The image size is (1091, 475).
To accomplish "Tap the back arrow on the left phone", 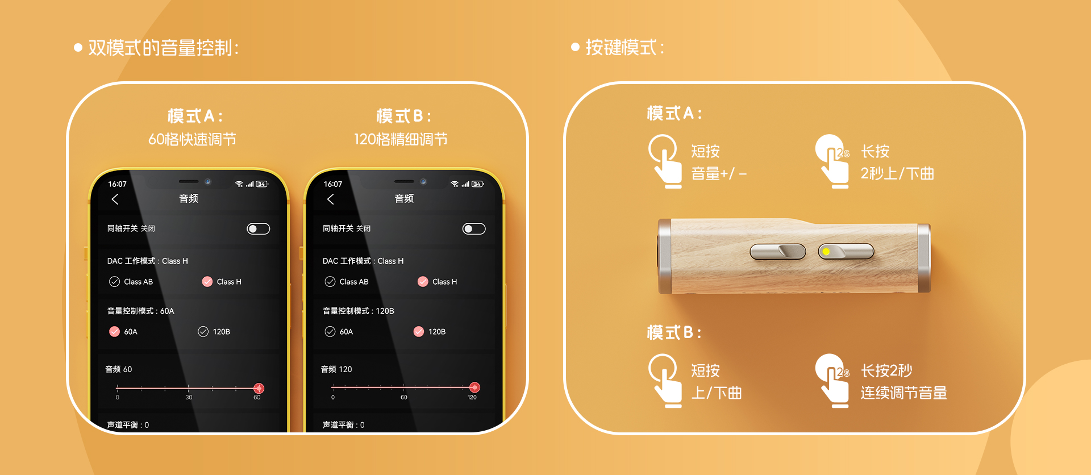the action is pyautogui.click(x=115, y=199).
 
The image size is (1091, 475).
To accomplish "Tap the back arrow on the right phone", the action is pyautogui.click(x=330, y=199).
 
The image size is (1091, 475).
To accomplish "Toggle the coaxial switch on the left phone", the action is pyautogui.click(x=259, y=228).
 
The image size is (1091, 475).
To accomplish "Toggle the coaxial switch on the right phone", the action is pyautogui.click(x=474, y=228).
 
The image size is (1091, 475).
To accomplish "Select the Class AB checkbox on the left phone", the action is pyautogui.click(x=114, y=282).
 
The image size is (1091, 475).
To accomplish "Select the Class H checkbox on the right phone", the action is pyautogui.click(x=423, y=282).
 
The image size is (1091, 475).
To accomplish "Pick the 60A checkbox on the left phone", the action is pyautogui.click(x=114, y=332).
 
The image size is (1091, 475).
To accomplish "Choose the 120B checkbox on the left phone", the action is pyautogui.click(x=203, y=332).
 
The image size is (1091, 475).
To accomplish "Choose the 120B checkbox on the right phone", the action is pyautogui.click(x=419, y=332).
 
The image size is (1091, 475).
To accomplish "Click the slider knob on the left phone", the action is pyautogui.click(x=259, y=389).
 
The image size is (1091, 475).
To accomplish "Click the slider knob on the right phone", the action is pyautogui.click(x=474, y=388).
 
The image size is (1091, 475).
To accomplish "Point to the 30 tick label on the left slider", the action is pyautogui.click(x=189, y=398).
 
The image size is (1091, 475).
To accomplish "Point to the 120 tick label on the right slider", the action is pyautogui.click(x=472, y=398).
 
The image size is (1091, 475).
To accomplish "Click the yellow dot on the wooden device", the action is pyautogui.click(x=826, y=252).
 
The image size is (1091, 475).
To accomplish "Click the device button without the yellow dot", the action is pyautogui.click(x=778, y=251).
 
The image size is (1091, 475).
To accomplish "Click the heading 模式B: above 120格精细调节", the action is pyautogui.click(x=403, y=116).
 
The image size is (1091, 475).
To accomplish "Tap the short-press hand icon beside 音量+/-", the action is pyautogui.click(x=665, y=161).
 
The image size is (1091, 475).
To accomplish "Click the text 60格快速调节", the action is pyautogui.click(x=192, y=140).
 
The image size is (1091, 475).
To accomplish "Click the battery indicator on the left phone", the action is pyautogui.click(x=261, y=184).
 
